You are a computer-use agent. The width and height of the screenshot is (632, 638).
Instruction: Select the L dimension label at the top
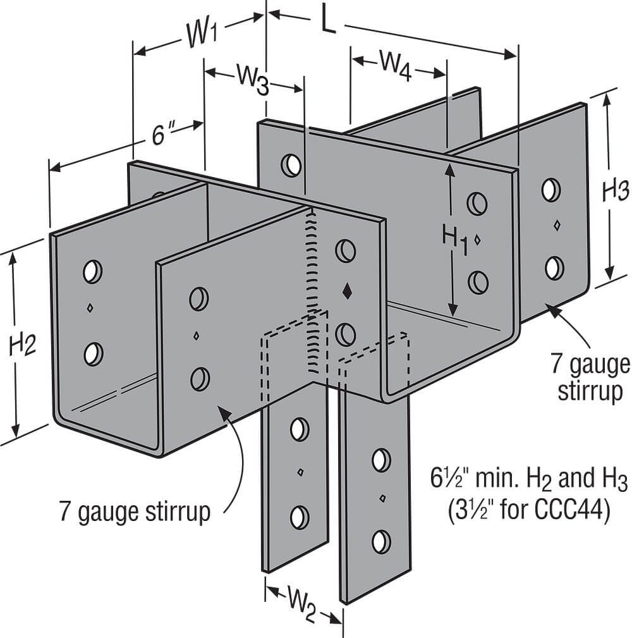click(x=327, y=20)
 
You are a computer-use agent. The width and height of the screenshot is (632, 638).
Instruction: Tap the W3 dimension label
click(x=252, y=79)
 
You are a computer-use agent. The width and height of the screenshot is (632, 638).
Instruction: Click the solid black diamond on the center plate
click(x=346, y=291)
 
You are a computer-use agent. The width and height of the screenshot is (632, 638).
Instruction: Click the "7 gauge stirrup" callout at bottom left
click(x=135, y=512)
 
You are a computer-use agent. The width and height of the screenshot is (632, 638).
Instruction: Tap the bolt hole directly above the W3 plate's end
click(x=291, y=165)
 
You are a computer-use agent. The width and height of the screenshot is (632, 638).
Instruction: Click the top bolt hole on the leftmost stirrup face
click(x=92, y=271)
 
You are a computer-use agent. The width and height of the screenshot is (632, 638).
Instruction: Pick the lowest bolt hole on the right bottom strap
click(x=380, y=541)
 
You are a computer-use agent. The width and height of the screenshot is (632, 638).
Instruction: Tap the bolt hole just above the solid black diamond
click(x=345, y=250)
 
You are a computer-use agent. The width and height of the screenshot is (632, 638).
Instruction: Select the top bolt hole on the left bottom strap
click(x=299, y=429)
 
